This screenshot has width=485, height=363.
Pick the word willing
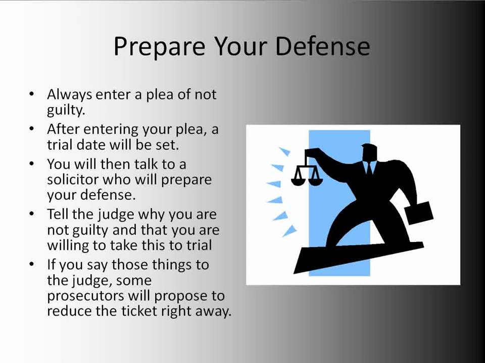pyautogui.click(x=67, y=246)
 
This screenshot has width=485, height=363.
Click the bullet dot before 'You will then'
pyautogui.click(x=32, y=163)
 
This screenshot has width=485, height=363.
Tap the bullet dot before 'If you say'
pyautogui.click(x=32, y=264)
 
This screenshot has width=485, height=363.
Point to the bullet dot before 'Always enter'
pyautogui.click(x=32, y=93)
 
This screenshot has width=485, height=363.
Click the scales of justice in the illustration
pyautogui.click(x=307, y=172)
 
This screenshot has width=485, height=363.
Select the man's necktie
pyautogui.click(x=369, y=168)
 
